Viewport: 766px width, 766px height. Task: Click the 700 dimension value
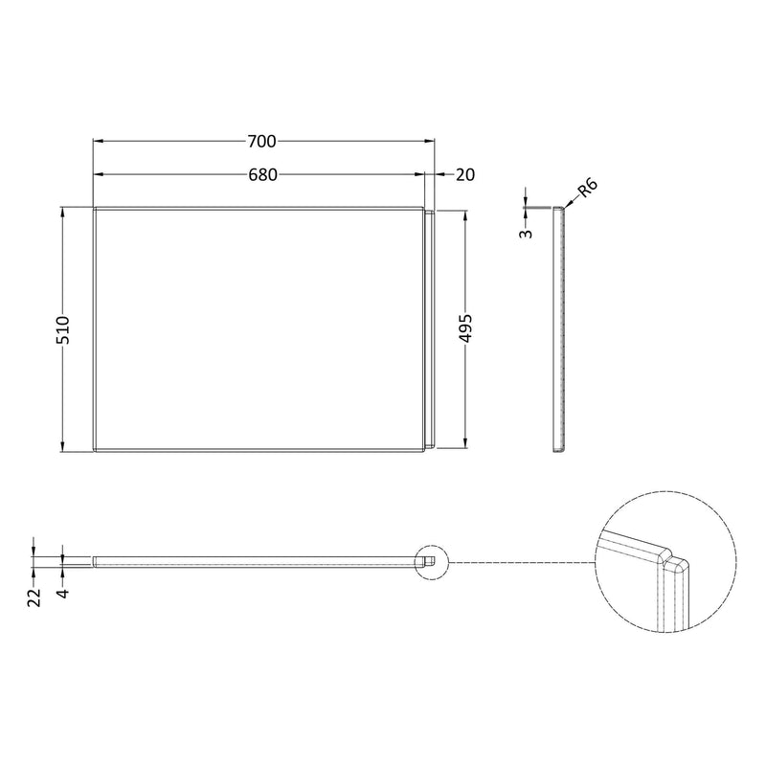click(261, 142)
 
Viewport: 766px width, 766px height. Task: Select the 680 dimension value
click(261, 174)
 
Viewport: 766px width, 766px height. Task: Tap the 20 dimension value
click(466, 174)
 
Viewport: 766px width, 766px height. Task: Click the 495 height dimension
click(465, 328)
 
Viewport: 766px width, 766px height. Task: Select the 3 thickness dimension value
click(525, 233)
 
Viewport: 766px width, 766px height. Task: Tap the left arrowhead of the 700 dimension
click(98, 142)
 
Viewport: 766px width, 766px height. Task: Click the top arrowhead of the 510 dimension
click(63, 212)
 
